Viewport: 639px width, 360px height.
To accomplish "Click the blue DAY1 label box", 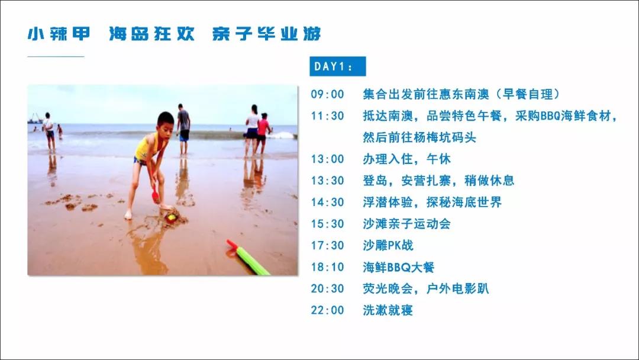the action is [x=337, y=66].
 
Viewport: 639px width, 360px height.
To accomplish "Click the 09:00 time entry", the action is [x=327, y=94].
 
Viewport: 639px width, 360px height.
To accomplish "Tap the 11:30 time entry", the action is [x=327, y=116].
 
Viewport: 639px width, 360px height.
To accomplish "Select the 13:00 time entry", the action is [x=327, y=159].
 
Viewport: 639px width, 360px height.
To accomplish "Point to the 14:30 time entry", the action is [x=327, y=202].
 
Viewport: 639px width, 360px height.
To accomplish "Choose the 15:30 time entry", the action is [x=327, y=224].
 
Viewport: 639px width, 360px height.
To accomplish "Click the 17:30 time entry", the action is [x=327, y=246].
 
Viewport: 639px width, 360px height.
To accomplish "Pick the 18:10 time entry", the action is [x=327, y=267].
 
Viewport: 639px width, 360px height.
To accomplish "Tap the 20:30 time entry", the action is [x=327, y=289].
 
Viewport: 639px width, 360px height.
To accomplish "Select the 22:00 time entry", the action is [x=327, y=310].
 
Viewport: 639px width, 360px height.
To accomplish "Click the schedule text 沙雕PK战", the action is [x=388, y=246].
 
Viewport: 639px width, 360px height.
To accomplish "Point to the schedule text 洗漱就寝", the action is [x=388, y=310].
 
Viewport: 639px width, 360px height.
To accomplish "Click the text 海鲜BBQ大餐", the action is [x=399, y=267].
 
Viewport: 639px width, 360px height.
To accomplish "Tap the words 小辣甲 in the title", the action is [x=59, y=33].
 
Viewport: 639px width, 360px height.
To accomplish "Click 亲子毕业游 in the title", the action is [x=266, y=33].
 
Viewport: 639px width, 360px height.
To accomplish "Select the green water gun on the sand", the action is [x=248, y=257].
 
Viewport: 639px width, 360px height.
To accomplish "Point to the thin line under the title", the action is [x=56, y=57].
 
